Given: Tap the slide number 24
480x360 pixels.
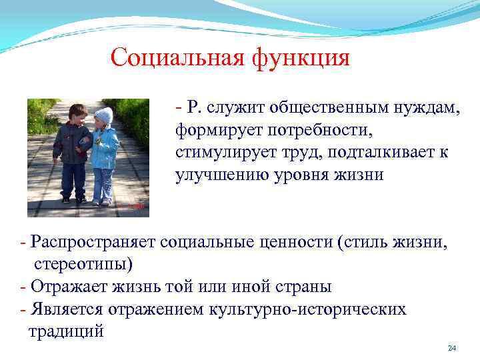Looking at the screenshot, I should (x=452, y=349).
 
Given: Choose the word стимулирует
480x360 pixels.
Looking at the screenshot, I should (x=219, y=152).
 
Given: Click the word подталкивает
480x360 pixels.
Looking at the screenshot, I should (x=372, y=152).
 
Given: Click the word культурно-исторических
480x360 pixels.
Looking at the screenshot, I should (x=307, y=309).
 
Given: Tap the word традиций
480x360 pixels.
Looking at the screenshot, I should (x=66, y=331).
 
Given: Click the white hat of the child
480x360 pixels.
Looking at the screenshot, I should (x=103, y=115).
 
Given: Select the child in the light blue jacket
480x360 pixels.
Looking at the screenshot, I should (x=104, y=157).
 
